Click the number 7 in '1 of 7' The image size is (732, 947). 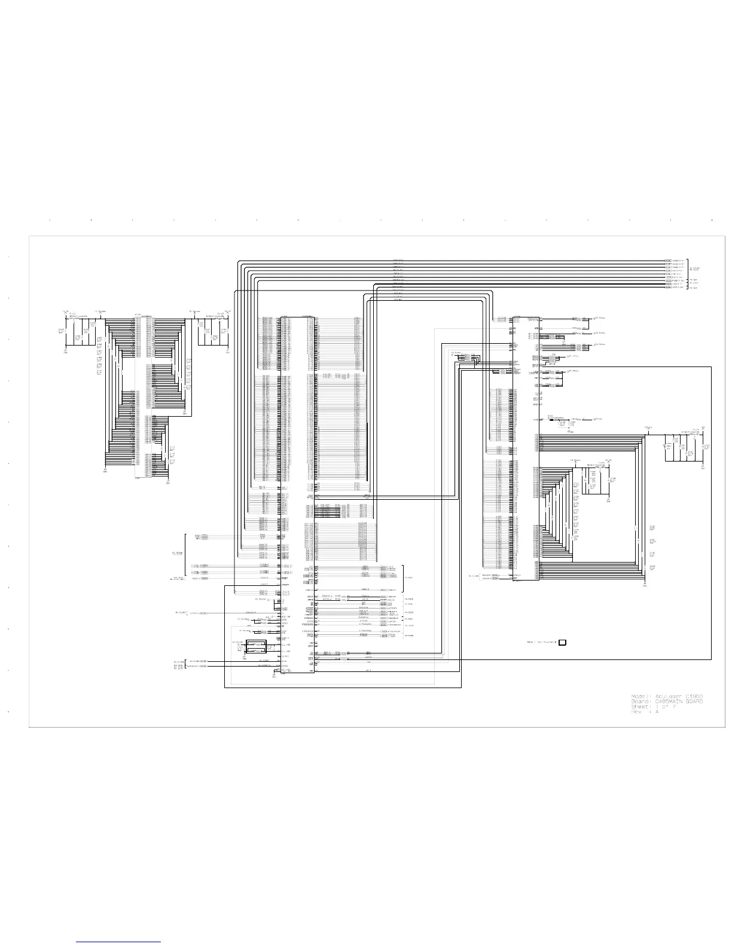coord(673,707)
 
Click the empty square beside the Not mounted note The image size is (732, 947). coord(562,643)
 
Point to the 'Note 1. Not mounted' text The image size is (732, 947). coord(541,643)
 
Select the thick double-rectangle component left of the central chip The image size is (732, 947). coord(257,646)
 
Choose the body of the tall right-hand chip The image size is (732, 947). coord(526,448)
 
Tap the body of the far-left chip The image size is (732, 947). coord(144,395)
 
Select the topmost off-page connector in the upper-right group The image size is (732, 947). coord(668,261)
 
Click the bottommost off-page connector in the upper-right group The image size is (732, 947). coord(668,288)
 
